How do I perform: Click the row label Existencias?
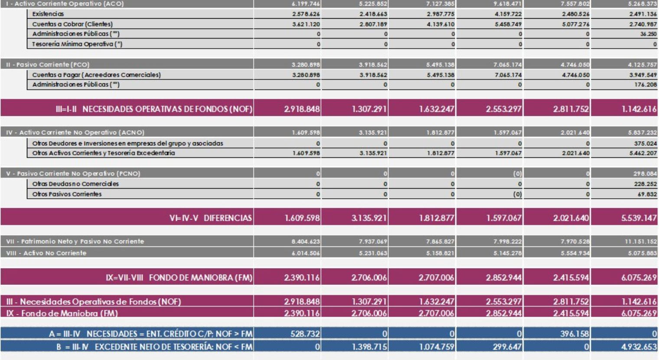[x=48, y=14]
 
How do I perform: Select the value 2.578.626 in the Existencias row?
[x=306, y=14]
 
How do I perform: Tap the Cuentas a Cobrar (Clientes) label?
[x=72, y=24]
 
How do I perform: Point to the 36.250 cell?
[x=648, y=34]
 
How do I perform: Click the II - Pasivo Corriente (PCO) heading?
[x=48, y=65]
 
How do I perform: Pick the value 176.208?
[x=646, y=85]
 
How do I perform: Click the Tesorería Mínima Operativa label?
[x=77, y=44]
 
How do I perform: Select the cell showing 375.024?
[x=646, y=143]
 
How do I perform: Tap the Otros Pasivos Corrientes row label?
[x=67, y=194]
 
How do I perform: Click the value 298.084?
[x=646, y=173]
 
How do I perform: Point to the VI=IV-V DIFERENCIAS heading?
[x=211, y=218]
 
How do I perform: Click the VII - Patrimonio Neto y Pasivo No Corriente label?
[x=75, y=241]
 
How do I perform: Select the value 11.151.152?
[x=641, y=241]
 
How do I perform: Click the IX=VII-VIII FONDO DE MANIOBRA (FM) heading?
[x=179, y=278]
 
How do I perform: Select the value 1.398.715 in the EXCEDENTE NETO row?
[x=369, y=347]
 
